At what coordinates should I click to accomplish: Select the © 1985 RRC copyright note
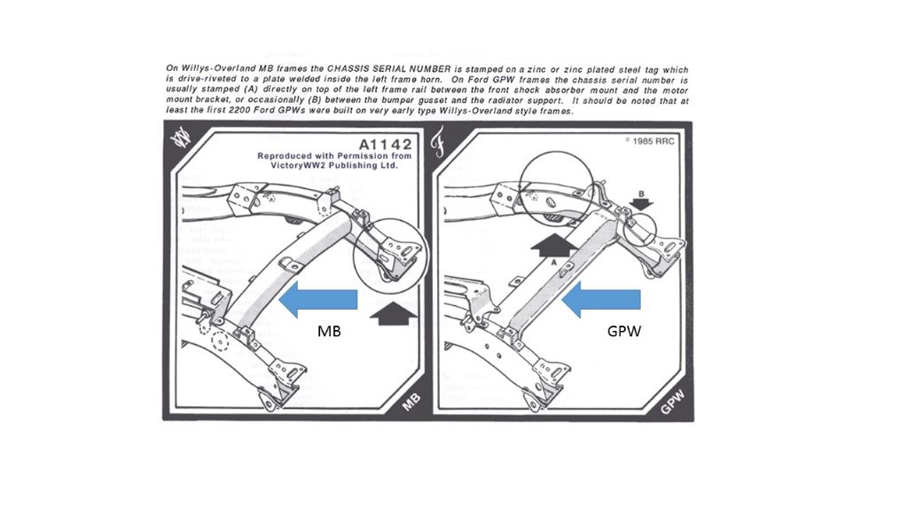[651, 140]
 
